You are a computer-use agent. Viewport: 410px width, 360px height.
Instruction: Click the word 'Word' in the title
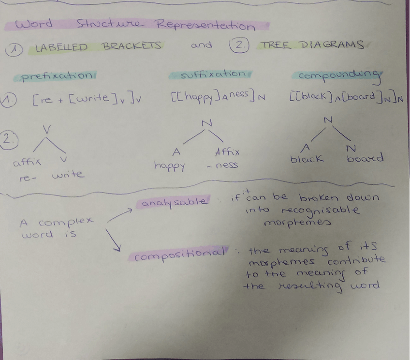(x=34, y=24)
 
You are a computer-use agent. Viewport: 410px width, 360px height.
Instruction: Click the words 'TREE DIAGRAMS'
(x=311, y=45)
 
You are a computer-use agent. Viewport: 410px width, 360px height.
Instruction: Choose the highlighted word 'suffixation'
(x=212, y=75)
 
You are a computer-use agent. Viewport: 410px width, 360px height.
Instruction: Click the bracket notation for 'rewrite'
(x=87, y=100)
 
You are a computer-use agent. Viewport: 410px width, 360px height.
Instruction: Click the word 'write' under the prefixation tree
(x=67, y=174)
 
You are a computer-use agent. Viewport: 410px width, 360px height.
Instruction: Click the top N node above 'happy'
(x=206, y=123)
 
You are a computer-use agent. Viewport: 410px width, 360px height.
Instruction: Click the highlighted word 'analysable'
(x=174, y=203)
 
